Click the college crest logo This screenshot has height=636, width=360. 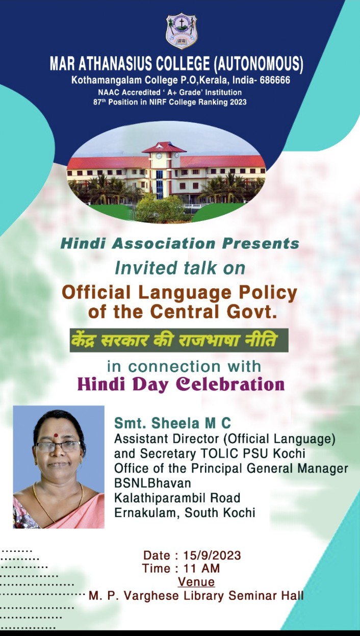(x=182, y=31)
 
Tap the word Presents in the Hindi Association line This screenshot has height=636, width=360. (x=261, y=244)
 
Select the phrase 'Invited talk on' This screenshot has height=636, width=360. (x=180, y=268)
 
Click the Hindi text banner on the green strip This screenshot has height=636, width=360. (x=179, y=340)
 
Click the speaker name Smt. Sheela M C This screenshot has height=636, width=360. (x=173, y=423)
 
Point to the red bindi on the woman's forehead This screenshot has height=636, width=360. (x=56, y=435)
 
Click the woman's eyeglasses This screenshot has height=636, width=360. (x=58, y=447)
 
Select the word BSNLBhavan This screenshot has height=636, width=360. (x=152, y=483)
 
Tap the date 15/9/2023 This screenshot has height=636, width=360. (x=212, y=555)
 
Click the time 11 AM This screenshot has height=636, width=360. (x=201, y=568)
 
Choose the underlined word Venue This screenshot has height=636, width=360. (x=196, y=581)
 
